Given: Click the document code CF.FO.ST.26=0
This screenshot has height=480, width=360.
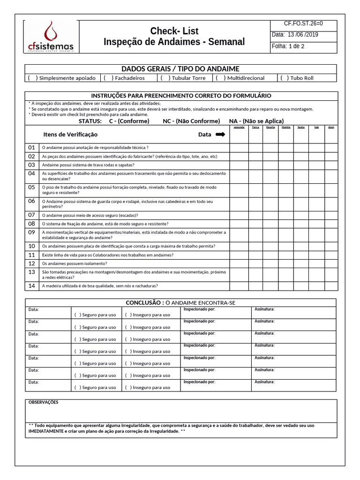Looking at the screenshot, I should [303, 24].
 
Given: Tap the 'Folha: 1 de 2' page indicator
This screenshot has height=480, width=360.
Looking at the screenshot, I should [288, 46].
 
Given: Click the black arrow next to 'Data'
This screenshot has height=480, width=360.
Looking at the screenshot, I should [219, 135].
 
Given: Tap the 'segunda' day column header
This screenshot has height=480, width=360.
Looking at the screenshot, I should [239, 127].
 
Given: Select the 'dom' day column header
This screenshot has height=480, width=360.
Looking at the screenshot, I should [331, 127].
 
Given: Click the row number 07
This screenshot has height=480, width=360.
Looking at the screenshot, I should [31, 215].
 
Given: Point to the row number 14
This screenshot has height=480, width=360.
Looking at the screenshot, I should [31, 285].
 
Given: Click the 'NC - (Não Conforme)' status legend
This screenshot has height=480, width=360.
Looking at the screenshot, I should [191, 121].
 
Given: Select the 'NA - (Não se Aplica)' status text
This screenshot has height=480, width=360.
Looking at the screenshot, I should [256, 121].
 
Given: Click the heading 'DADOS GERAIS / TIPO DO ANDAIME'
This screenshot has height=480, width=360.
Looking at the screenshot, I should [180, 69].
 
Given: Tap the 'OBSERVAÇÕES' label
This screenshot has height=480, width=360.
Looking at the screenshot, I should [44, 402].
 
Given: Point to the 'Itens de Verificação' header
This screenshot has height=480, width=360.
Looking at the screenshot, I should [70, 135].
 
